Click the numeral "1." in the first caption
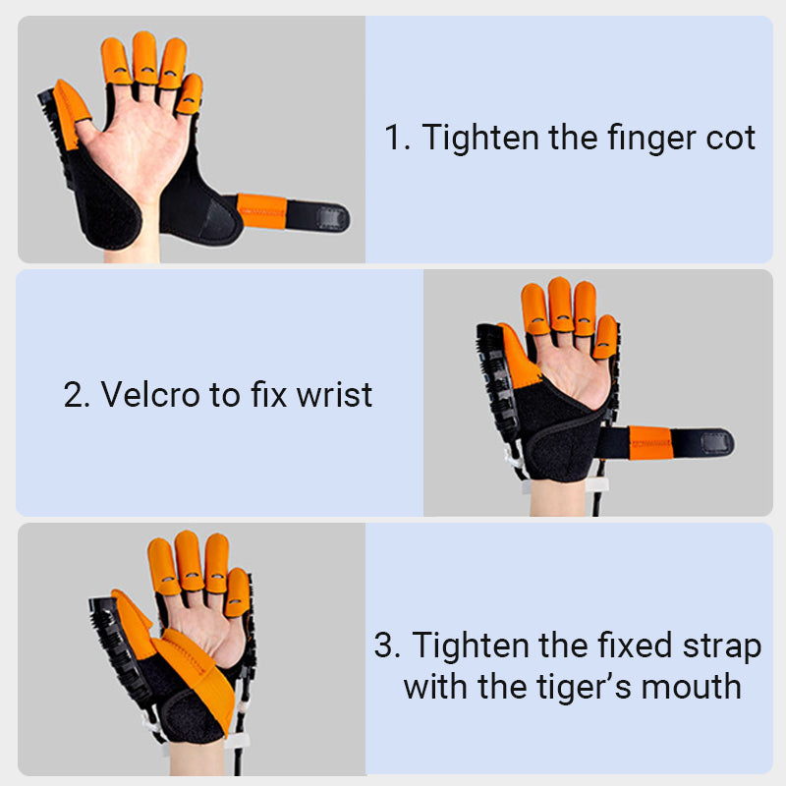pos(396,139)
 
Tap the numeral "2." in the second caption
pos(77,395)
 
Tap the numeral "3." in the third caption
pos(387,646)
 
